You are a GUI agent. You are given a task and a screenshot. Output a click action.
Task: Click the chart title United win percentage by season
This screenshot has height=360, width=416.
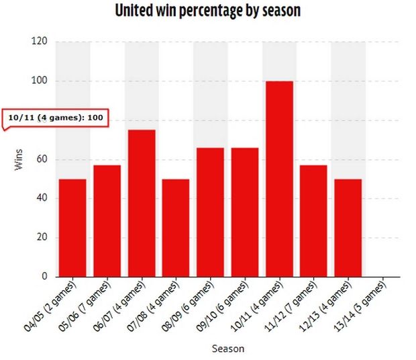click(x=207, y=11)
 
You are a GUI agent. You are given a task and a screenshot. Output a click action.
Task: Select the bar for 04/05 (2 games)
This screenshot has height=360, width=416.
click(x=72, y=228)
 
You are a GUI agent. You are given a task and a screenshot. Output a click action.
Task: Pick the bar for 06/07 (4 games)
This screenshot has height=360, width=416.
click(x=142, y=203)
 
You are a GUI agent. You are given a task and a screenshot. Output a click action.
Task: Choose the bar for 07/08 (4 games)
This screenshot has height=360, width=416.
click(x=176, y=228)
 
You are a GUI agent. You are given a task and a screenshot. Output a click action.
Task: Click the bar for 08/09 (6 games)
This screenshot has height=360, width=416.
click(x=210, y=212)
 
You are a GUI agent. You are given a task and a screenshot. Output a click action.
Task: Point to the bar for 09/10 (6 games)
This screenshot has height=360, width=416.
click(x=245, y=212)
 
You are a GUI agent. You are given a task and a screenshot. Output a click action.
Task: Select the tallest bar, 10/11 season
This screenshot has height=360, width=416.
click(x=279, y=179)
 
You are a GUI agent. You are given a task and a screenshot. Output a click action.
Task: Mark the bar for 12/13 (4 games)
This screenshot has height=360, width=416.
click(x=348, y=228)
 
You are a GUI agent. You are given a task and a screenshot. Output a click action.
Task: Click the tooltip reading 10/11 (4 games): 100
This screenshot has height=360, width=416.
click(x=56, y=118)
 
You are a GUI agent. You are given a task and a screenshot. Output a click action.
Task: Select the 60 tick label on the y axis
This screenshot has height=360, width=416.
click(x=42, y=160)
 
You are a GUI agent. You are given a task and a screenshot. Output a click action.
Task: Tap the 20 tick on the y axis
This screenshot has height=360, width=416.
click(x=42, y=238)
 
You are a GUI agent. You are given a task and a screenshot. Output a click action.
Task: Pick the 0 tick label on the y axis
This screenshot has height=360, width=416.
click(x=44, y=277)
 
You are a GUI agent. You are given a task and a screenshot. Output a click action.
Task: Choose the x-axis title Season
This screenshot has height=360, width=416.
click(x=228, y=349)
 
